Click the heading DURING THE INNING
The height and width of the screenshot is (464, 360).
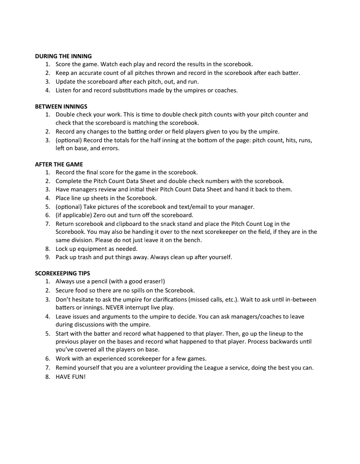pyautogui.click(x=63, y=56)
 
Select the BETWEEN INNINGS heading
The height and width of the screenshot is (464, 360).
pyautogui.click(x=61, y=107)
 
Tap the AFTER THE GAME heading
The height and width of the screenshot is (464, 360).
pyautogui.click(x=59, y=164)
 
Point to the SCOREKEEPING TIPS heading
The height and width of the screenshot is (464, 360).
pyautogui.click(x=62, y=273)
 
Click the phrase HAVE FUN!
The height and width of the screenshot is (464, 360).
pyautogui.click(x=71, y=376)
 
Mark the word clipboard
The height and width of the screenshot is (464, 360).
pyautogui.click(x=120, y=224)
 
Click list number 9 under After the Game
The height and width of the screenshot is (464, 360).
pyautogui.click(x=48, y=257)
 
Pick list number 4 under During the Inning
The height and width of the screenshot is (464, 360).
pyautogui.click(x=48, y=90)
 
